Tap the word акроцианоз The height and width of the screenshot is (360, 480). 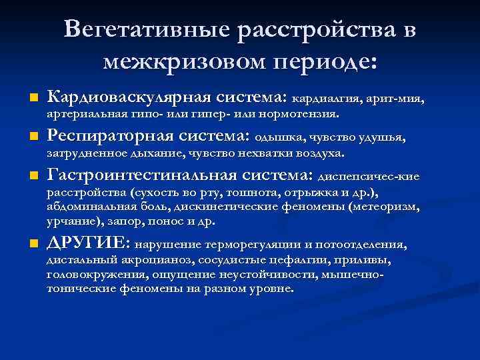click(x=155, y=260)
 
